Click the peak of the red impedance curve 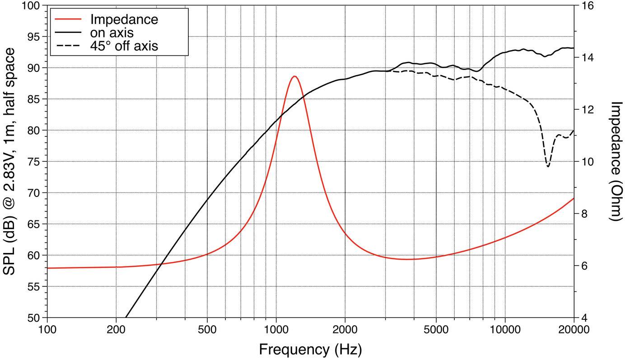pos(294,76)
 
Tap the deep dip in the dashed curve pos(548,166)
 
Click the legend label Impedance pos(124,19)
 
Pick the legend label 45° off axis pos(124,46)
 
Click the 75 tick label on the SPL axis pos(34,162)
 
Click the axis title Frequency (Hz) pos(310,349)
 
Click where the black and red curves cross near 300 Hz pos(158,264)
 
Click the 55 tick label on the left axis pos(34,287)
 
